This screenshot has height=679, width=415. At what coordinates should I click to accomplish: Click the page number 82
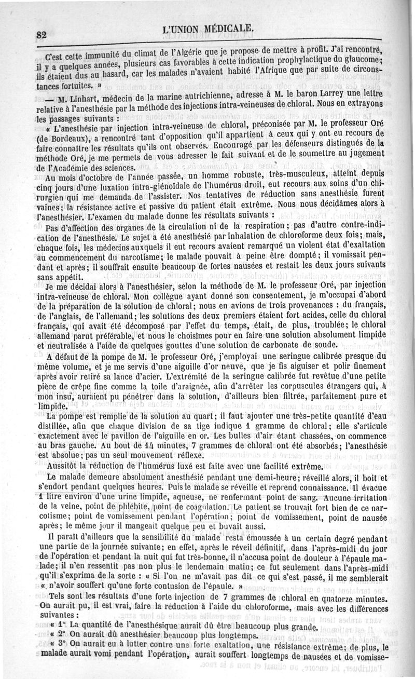(x=43, y=35)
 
